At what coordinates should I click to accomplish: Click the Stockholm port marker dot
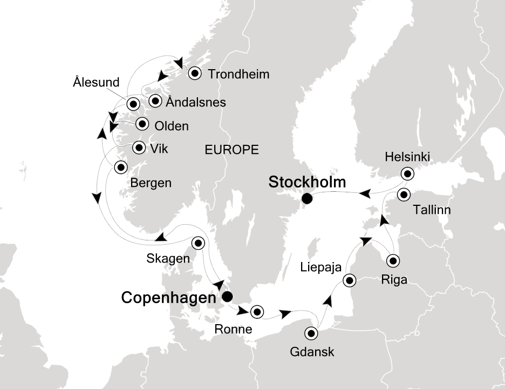(307, 199)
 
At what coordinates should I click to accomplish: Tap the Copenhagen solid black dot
(227, 297)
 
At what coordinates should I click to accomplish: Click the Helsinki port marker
(407, 173)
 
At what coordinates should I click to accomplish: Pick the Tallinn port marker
(404, 194)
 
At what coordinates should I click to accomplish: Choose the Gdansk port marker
(312, 333)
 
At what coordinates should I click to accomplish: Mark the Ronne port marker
(256, 311)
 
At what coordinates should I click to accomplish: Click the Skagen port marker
(199, 243)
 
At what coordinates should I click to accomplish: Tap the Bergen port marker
(120, 167)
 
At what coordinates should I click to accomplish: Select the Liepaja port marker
(350, 280)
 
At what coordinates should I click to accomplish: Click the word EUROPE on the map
(231, 150)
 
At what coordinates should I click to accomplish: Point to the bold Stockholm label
(307, 183)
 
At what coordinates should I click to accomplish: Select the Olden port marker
(142, 124)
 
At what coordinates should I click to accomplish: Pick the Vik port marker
(139, 147)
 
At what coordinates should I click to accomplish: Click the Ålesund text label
(95, 83)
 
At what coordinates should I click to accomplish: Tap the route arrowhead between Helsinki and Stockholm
(365, 192)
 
